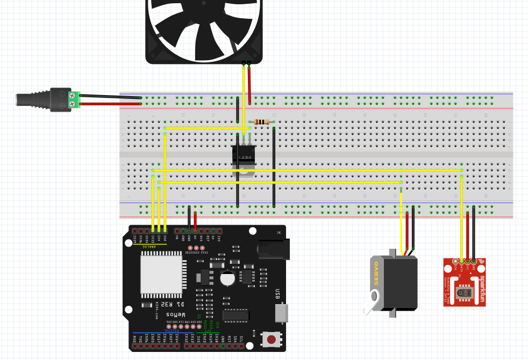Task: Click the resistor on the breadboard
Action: coord(261,122)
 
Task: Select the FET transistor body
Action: coord(244,156)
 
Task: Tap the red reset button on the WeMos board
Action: coord(272,339)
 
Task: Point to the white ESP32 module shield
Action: coord(161,274)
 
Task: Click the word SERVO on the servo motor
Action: coord(376,274)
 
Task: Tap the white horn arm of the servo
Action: coord(371,304)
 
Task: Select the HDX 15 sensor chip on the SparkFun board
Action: coord(461,292)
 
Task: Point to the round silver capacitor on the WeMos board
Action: coord(227,278)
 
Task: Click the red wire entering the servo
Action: coord(407,231)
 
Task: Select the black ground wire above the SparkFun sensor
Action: coord(474,231)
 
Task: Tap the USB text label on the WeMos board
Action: coord(277,294)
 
